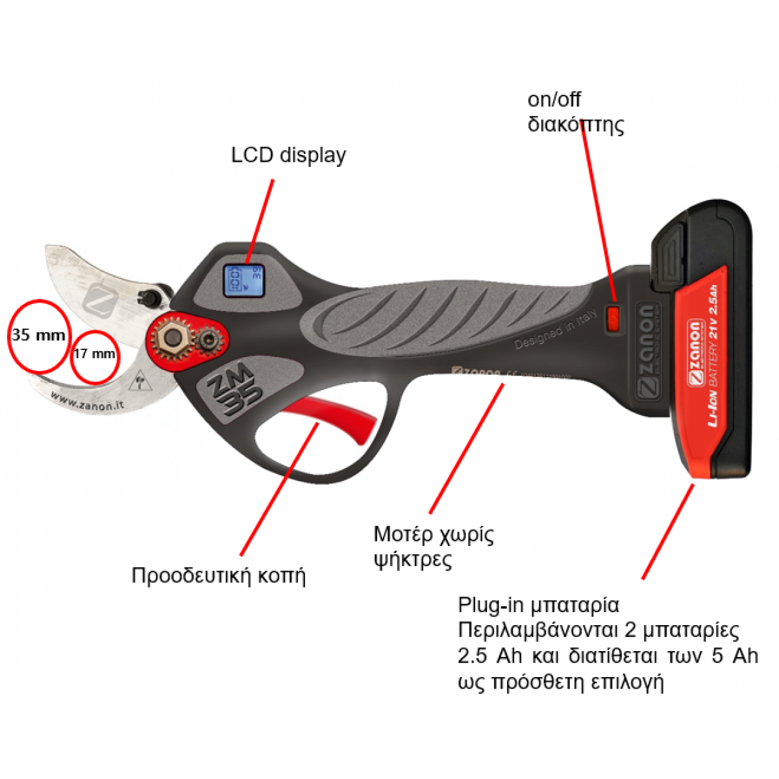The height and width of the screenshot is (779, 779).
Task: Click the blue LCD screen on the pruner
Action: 243,280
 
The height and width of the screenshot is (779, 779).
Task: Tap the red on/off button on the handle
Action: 613,318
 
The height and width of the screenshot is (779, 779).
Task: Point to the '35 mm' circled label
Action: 38,335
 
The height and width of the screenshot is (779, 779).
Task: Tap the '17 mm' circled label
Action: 95,354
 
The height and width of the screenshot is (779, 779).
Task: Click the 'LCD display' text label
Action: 288,155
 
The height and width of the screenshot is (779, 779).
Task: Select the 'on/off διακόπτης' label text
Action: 575,112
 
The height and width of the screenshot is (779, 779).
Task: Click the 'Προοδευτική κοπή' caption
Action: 218,576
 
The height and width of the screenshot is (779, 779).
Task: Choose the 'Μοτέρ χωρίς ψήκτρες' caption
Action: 433,546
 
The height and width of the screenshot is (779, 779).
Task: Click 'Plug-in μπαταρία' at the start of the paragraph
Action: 538,605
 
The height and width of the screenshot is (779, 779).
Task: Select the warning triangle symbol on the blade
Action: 138,384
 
